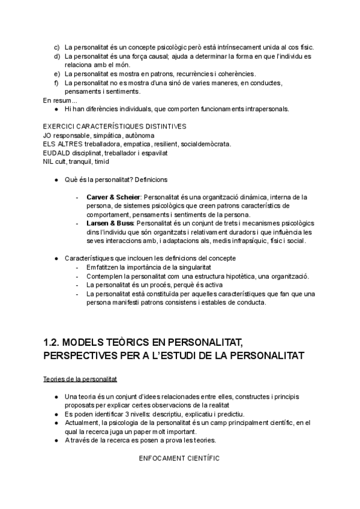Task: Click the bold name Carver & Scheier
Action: (113, 197)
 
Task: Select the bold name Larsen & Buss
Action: (110, 223)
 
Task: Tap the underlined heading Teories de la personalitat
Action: (80, 379)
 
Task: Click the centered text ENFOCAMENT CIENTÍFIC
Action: (179, 458)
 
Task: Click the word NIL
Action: (49, 161)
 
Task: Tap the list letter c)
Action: (57, 47)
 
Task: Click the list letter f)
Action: (57, 83)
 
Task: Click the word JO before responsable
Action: (48, 135)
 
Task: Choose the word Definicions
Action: (152, 179)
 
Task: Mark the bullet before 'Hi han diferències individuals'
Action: (56, 109)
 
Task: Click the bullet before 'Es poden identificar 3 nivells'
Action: (56, 415)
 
